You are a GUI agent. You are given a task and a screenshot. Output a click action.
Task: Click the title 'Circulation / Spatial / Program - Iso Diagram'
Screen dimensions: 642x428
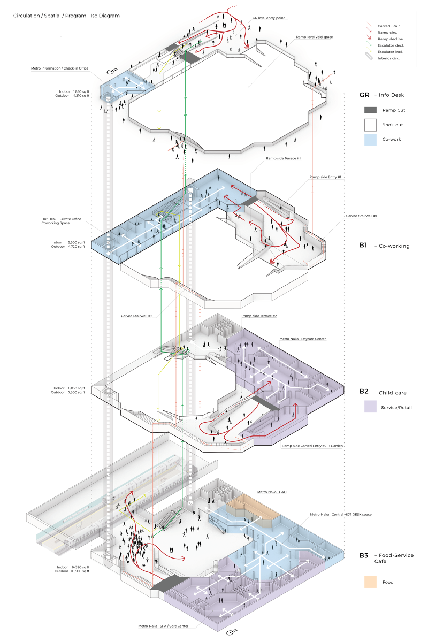[66, 16]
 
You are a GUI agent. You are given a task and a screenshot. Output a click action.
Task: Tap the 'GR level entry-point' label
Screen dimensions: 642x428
[269, 18]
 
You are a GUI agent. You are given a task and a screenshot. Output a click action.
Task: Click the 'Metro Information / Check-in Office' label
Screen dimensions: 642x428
[60, 68]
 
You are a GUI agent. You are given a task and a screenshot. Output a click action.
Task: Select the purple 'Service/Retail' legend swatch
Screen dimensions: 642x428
[371, 407]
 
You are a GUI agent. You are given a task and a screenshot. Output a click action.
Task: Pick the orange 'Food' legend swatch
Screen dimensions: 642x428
[371, 582]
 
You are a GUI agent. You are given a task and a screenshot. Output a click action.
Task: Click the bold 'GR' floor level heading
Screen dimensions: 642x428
[364, 95]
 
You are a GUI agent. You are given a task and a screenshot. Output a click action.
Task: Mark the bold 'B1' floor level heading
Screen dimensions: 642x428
[364, 246]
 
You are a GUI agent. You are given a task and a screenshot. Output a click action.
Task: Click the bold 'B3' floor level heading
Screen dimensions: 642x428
[364, 555]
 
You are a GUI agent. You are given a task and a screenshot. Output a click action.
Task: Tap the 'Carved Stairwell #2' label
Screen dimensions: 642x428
[137, 316]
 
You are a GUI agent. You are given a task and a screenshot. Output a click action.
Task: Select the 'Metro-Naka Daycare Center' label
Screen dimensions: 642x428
[303, 339]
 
